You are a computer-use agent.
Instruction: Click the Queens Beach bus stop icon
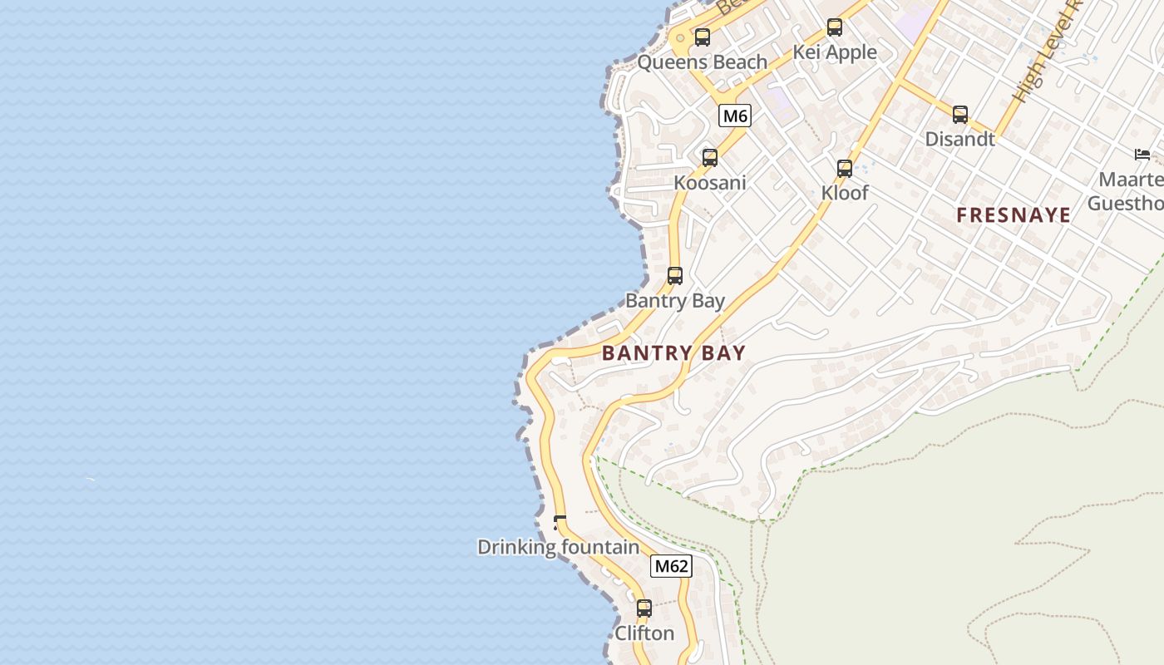pos(703,37)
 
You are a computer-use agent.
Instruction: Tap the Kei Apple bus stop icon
pos(835,27)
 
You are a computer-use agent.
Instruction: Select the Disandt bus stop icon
pos(960,115)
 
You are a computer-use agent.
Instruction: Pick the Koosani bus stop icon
pos(710,158)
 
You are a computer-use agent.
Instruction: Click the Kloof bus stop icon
pos(845,169)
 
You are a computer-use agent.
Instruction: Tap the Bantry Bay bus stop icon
pos(675,276)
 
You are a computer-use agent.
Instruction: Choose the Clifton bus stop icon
pos(644,608)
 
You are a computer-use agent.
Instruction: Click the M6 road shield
pos(735,116)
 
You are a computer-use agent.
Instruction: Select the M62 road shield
pos(671,566)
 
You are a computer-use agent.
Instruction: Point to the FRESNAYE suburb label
pos(1014,215)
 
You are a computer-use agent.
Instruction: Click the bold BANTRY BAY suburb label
pos(673,352)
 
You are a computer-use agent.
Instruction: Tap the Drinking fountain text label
pos(558,547)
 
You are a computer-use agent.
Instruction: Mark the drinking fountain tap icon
pos(560,523)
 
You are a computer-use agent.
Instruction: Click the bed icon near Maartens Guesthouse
pos(1142,155)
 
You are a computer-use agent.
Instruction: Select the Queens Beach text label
pos(703,62)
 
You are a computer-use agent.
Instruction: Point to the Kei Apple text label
pos(835,52)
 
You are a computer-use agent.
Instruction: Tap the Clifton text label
pos(644,633)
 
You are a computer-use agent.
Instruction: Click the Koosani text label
pos(710,183)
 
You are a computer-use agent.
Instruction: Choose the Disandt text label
pos(960,139)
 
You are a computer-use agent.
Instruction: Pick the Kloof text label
pos(845,193)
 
